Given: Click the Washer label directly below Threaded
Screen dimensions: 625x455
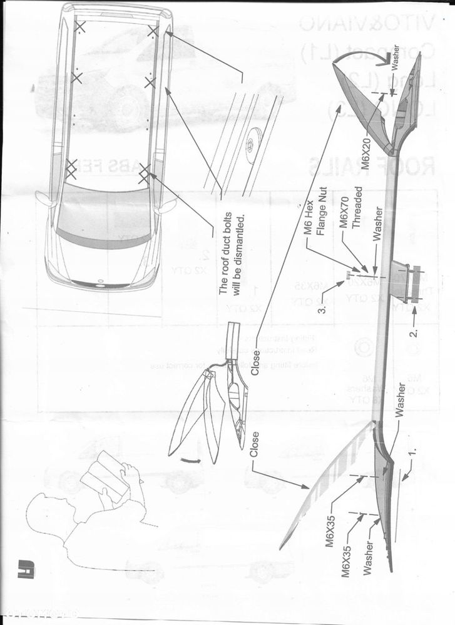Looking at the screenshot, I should coord(376,229).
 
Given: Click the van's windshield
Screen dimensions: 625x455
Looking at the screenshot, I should coord(103,212).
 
